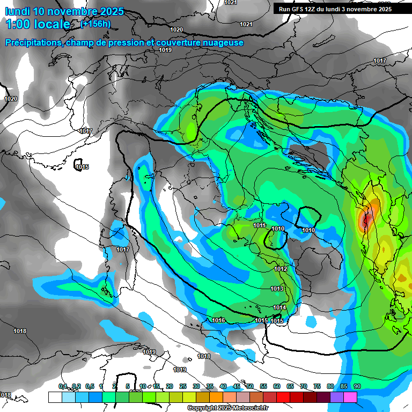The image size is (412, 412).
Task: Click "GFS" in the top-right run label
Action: [x=299, y=9]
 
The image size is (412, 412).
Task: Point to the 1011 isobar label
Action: [x=260, y=226]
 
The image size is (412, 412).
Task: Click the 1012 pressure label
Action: [x=281, y=269]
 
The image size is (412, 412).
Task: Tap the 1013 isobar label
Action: [x=277, y=289]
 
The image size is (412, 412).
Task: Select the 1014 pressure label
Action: [x=279, y=307]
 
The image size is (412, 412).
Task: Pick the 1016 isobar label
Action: [x=218, y=320]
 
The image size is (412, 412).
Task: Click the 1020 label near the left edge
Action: [x=11, y=99]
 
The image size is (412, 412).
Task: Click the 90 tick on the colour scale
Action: [x=357, y=386]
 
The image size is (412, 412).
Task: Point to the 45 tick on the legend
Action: [x=237, y=386]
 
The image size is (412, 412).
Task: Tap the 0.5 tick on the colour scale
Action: [x=89, y=386]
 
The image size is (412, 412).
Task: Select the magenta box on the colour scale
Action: [x=350, y=397]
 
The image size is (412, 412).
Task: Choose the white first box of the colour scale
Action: [x=55, y=397]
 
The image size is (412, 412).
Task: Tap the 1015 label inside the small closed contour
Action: [x=82, y=167]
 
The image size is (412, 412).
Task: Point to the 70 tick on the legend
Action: [x=304, y=386]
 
